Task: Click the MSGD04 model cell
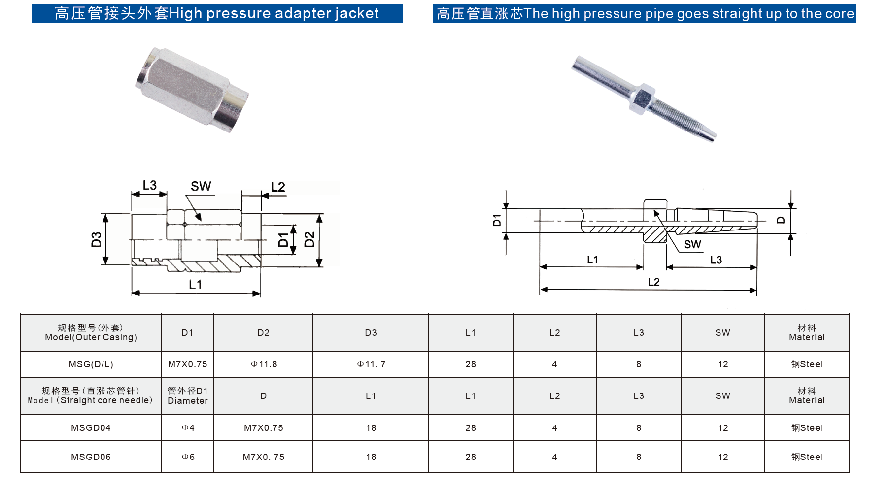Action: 91,428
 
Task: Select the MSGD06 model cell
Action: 91,457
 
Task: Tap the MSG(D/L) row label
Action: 91,364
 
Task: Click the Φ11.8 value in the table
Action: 264,364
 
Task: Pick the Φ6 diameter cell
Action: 188,457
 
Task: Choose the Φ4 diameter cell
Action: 188,428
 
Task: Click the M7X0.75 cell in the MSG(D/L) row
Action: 187,364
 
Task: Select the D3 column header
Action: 371,333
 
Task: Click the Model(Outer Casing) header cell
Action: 91,332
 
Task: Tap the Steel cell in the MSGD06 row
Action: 807,457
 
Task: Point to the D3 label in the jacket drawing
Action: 97,239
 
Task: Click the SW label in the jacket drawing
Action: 201,186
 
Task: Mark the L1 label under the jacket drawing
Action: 196,284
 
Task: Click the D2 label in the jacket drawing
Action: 309,239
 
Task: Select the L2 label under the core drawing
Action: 653,282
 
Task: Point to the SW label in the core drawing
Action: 692,244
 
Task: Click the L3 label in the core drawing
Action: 716,260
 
